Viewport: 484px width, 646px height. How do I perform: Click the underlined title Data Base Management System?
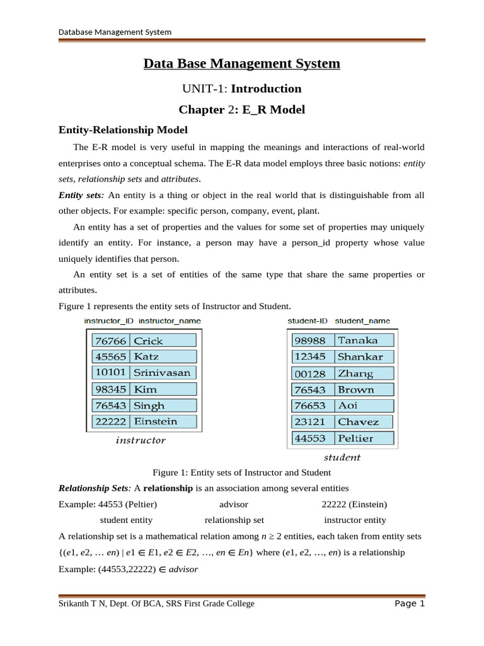click(241, 64)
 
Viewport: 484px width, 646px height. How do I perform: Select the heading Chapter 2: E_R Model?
click(241, 110)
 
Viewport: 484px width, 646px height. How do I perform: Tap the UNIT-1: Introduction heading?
click(241, 88)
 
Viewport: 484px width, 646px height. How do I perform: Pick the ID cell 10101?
click(110, 373)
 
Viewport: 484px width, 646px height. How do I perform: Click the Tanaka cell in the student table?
click(363, 340)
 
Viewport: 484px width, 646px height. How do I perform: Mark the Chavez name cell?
click(363, 421)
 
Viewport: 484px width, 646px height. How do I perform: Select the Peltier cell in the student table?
click(363, 438)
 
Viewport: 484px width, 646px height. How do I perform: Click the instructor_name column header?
click(170, 320)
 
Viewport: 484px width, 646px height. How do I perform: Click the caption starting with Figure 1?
click(241, 473)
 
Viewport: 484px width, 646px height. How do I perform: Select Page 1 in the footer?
click(410, 604)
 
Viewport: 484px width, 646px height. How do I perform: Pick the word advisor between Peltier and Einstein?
click(233, 505)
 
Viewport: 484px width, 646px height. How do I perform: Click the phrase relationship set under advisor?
click(234, 520)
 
